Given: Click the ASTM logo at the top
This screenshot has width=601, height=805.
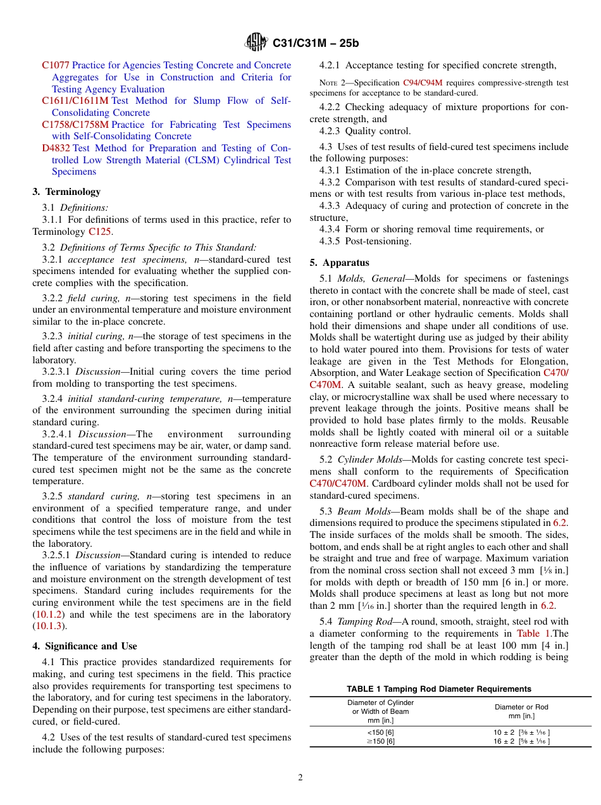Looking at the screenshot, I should pyautogui.click(x=256, y=43).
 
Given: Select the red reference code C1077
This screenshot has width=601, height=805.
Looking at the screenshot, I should pyautogui.click(x=56, y=65).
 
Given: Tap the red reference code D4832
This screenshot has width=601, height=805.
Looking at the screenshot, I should pyautogui.click(x=56, y=148).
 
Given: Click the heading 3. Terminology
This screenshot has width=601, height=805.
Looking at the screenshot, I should pyautogui.click(x=66, y=192).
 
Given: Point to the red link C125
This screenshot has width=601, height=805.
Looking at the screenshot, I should pyautogui.click(x=100, y=232).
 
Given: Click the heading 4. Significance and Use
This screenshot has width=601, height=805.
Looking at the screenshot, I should pyautogui.click(x=85, y=646).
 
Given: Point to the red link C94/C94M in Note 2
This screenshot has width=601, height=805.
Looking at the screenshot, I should pyautogui.click(x=422, y=83).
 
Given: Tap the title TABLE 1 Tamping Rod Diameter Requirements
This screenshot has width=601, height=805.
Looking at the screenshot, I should pyautogui.click(x=438, y=689).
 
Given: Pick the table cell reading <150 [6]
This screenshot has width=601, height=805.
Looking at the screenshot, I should pyautogui.click(x=380, y=732).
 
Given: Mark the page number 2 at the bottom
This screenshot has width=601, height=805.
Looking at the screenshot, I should pyautogui.click(x=300, y=778).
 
